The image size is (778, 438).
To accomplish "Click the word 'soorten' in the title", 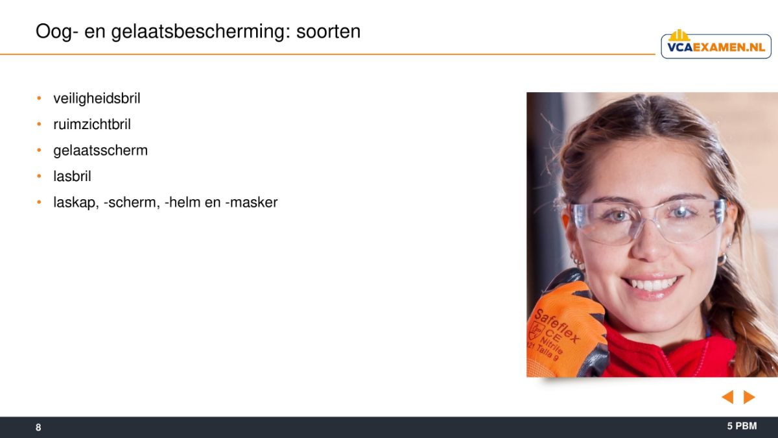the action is (x=328, y=31).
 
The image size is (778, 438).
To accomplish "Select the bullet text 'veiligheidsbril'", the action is (x=97, y=99).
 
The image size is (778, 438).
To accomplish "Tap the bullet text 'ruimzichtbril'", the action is (x=92, y=124).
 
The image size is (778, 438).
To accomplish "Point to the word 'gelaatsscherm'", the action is (x=100, y=151).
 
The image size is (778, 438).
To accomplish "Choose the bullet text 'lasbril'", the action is (x=72, y=176).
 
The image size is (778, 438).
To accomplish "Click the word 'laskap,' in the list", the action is (x=76, y=202).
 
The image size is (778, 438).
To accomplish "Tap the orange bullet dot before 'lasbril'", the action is (x=39, y=176).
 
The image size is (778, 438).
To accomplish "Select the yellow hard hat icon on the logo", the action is (x=679, y=36).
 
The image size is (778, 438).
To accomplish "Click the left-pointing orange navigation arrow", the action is (x=727, y=397).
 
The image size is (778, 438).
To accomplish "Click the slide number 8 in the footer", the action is (x=38, y=427).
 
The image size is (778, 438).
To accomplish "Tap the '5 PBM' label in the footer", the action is (x=742, y=426).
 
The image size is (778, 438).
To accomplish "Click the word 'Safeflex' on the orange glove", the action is (x=557, y=326).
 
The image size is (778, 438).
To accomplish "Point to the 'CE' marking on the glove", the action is (x=553, y=334).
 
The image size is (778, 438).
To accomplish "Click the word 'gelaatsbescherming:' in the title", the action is (x=201, y=32).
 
